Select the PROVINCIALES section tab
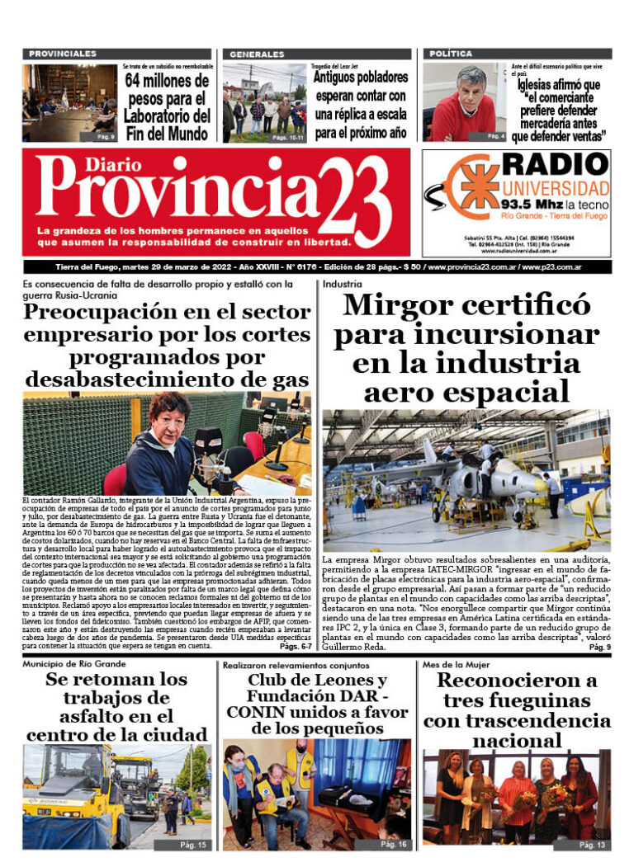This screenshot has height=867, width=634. tap(63, 54)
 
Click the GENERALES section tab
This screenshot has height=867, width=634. tap(258, 54)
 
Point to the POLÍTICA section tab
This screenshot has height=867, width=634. tap(451, 54)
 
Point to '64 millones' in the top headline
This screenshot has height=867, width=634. tap(168, 81)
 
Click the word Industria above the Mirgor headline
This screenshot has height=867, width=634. tap(342, 284)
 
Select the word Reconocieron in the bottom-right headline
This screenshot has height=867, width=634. tap(517, 681)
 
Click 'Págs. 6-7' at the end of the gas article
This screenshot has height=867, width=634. tap(296, 648)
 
